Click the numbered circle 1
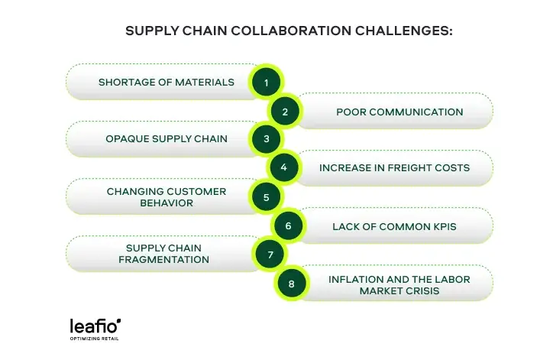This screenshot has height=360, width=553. (267, 83)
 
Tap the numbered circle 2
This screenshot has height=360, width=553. (285, 112)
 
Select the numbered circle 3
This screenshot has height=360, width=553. (267, 139)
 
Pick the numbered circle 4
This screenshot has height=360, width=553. (284, 167)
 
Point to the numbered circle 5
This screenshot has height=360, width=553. (267, 197)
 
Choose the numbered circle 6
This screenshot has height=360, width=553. (288, 226)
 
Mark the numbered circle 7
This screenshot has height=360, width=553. (270, 255)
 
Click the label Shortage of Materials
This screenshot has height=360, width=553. (167, 82)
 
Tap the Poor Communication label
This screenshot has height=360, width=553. (399, 112)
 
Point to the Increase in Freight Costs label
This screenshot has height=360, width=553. (394, 167)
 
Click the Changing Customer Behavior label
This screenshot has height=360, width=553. (167, 197)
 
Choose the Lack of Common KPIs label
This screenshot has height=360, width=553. (394, 226)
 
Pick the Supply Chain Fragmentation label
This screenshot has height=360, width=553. (163, 254)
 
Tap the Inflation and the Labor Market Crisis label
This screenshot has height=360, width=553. (399, 285)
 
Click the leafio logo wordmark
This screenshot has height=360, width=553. (95, 326)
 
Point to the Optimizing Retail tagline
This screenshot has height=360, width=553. (94, 339)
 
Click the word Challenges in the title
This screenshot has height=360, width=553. (404, 31)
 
